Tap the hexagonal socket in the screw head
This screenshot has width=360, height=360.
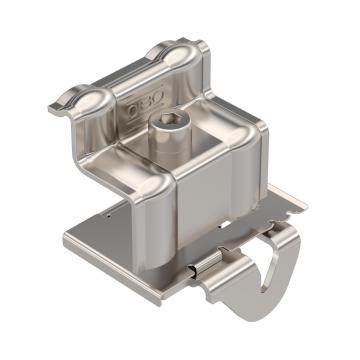[163, 120]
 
